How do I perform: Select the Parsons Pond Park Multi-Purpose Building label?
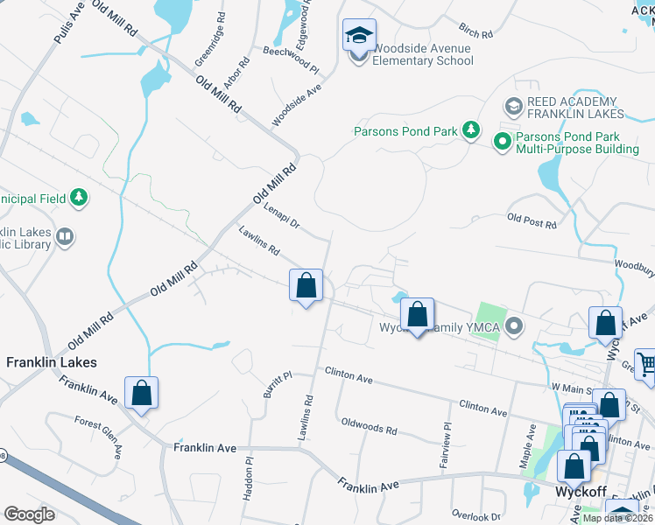pyautogui.click(x=577, y=143)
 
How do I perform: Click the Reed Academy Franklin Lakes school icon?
pyautogui.click(x=514, y=107)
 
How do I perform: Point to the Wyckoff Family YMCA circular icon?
pyautogui.click(x=515, y=327)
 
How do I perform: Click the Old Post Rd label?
pyautogui.click(x=532, y=220)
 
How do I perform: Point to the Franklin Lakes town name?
pyautogui.click(x=52, y=361)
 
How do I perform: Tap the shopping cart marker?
pyautogui.click(x=644, y=366)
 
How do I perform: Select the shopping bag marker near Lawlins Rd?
pyautogui.click(x=306, y=285)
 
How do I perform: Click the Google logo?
pyautogui.click(x=29, y=514)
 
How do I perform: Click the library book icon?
pyautogui.click(x=65, y=236)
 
